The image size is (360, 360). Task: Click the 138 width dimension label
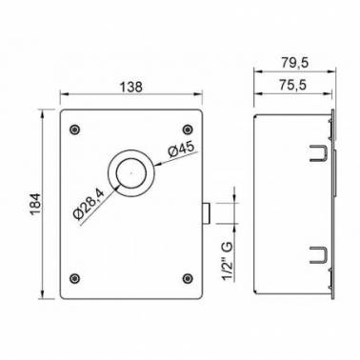click(131, 87)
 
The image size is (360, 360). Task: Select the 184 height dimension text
click(35, 204)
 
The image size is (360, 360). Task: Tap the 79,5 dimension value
click(294, 63)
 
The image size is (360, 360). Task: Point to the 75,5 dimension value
click(293, 85)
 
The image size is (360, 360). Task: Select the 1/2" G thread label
click(228, 262)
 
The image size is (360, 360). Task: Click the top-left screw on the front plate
click(74, 130)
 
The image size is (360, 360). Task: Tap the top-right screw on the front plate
click(188, 130)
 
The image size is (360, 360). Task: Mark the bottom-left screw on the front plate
click(74, 278)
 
